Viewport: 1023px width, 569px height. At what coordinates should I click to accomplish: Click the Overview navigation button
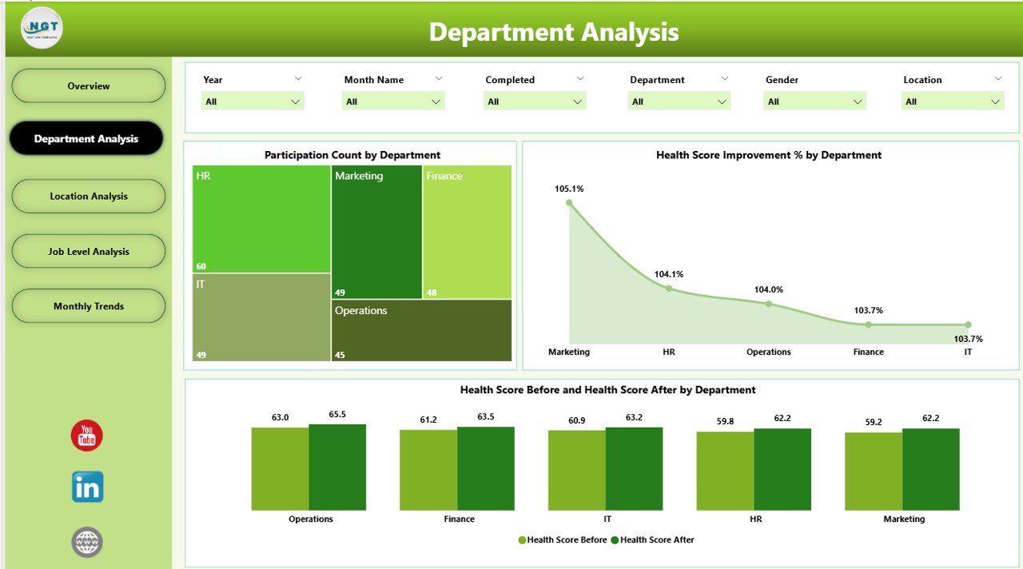(89, 86)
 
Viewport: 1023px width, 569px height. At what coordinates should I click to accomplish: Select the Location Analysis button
(89, 196)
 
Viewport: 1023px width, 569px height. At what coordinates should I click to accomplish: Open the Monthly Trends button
(89, 306)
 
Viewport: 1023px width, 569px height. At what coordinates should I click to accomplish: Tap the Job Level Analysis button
(89, 251)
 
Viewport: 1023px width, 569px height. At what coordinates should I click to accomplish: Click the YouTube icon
(87, 436)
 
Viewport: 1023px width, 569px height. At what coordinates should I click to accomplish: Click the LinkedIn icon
(87, 487)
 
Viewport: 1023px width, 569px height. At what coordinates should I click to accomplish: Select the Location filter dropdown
(953, 101)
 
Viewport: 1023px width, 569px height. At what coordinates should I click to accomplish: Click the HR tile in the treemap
(261, 219)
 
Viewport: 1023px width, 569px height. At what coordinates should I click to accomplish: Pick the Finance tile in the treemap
(467, 232)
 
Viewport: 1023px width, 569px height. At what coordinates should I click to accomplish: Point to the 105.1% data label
(569, 189)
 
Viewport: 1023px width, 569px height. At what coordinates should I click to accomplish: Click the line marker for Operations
(769, 304)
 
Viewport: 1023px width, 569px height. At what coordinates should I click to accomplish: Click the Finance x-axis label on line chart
(868, 352)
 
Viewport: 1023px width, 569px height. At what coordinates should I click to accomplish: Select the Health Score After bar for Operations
(337, 468)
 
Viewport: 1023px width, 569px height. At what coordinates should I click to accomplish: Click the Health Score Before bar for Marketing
(874, 472)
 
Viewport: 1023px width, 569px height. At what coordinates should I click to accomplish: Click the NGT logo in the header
(42, 28)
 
